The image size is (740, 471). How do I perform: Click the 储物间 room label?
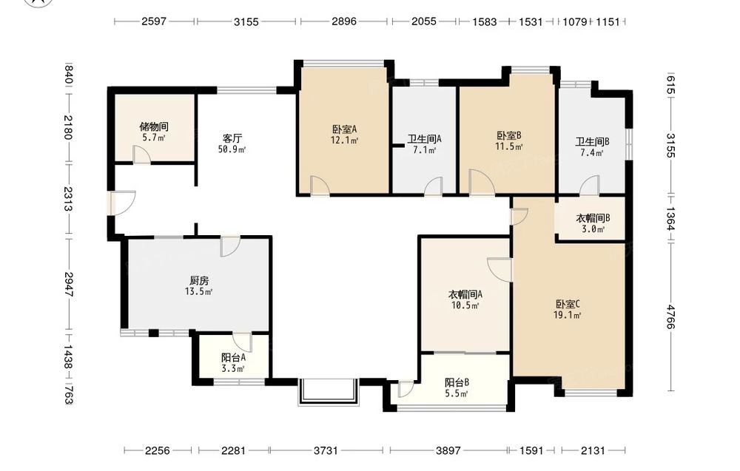154,127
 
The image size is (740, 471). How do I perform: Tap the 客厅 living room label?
232,138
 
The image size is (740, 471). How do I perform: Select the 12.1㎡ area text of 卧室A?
345,140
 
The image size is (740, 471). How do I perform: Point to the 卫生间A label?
424,140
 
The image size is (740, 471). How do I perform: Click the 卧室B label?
509,136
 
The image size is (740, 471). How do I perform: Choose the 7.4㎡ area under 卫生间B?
592,153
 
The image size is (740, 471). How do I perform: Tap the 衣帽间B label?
593,218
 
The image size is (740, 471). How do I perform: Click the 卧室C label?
568,304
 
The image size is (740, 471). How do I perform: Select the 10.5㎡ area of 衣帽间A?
465,305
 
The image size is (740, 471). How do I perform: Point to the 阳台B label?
457,383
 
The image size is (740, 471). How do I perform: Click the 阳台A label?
233,358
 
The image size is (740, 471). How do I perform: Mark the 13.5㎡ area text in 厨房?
198,291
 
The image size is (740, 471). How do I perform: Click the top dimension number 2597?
154,21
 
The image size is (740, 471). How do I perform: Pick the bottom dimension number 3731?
326,451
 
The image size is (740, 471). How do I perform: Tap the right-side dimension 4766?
671,317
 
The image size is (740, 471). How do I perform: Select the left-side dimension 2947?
68,284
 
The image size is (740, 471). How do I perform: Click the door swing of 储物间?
141,155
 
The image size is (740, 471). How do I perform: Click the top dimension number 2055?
423,21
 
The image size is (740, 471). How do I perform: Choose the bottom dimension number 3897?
448,451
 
